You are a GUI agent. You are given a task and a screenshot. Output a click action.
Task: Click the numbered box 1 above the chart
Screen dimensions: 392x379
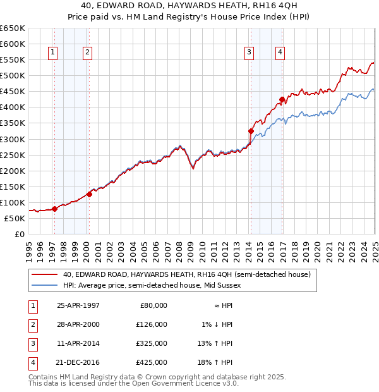pos(52,52)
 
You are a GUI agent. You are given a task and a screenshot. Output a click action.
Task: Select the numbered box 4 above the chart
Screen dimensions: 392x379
pos(279,52)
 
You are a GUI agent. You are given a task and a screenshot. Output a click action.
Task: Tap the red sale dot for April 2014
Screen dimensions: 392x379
pos(251,132)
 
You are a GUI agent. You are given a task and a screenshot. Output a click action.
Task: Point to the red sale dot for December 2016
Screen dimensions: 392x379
pos(282,99)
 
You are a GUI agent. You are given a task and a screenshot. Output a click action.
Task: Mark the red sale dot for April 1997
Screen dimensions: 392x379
pos(54,208)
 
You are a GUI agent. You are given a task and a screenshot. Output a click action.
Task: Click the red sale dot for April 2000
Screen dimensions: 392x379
pos(89,194)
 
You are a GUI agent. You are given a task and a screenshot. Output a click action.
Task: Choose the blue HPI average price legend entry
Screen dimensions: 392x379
pos(152,286)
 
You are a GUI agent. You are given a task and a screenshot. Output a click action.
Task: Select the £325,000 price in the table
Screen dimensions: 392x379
pos(152,344)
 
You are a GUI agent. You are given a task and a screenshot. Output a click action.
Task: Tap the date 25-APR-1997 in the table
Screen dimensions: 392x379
pos(78,305)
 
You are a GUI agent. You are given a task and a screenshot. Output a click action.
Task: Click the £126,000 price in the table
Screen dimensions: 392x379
pos(152,324)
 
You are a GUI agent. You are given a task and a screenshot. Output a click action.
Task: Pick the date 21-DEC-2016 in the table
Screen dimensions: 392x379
pos(78,363)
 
